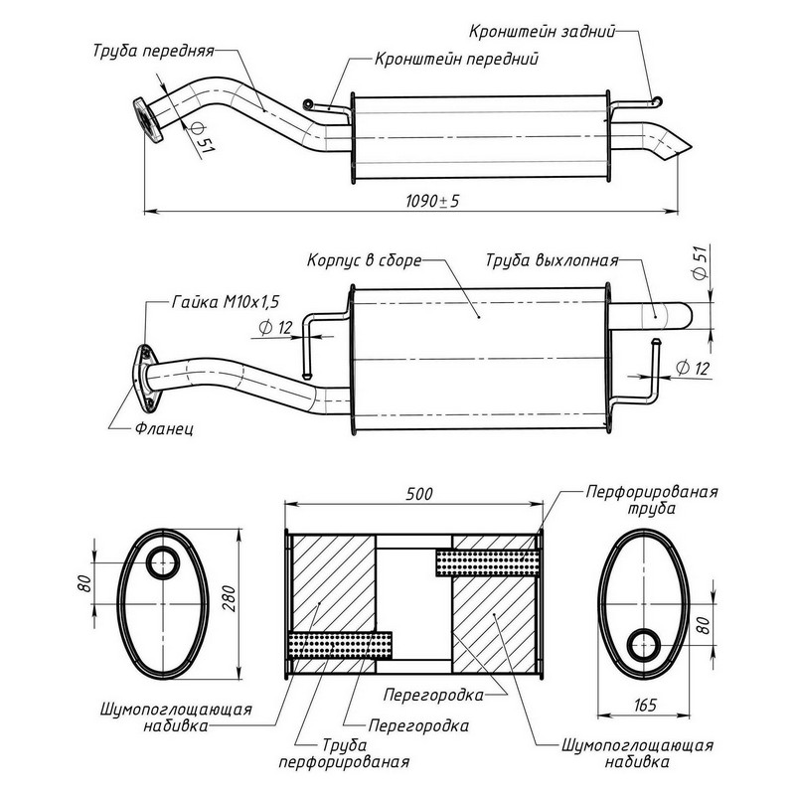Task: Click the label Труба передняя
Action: (x=152, y=49)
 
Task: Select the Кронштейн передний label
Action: (x=457, y=59)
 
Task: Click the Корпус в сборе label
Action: (x=364, y=261)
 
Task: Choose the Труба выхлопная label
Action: (x=552, y=262)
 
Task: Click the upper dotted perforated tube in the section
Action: (x=488, y=561)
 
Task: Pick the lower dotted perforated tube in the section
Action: (x=339, y=646)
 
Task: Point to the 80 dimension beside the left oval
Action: (x=81, y=581)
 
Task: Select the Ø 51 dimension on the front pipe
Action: (x=202, y=139)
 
